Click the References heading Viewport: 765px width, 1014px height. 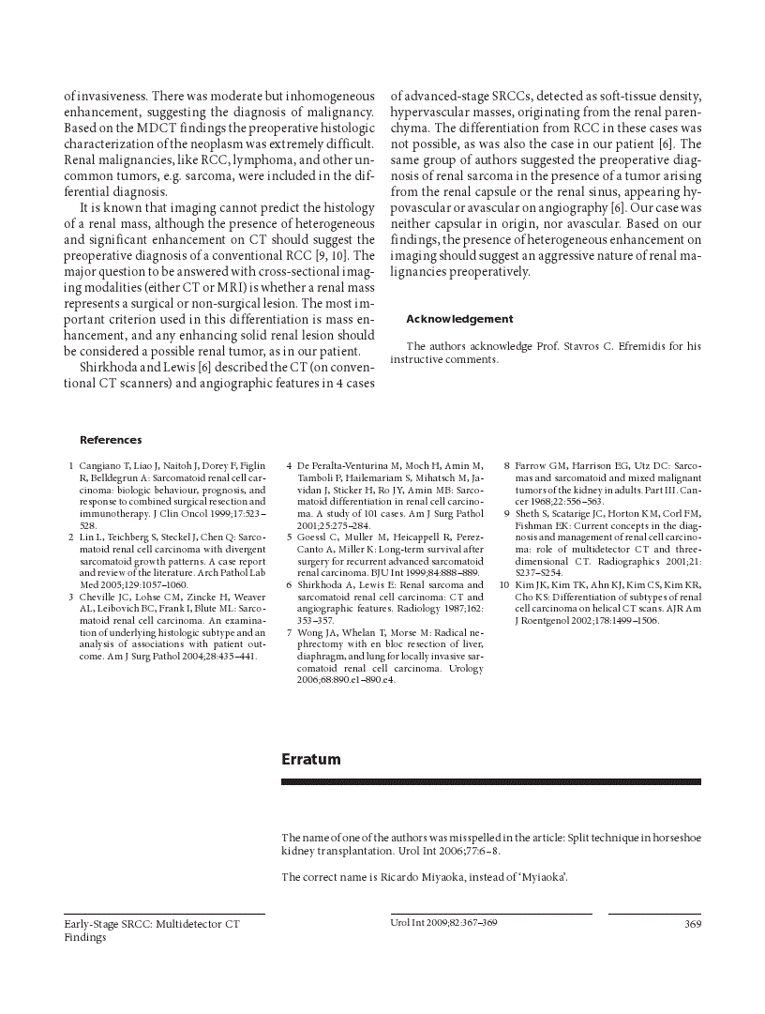111,440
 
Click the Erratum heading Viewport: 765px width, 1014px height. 310,759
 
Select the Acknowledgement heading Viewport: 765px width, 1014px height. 459,319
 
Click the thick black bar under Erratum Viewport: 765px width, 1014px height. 490,780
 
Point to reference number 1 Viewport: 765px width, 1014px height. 71,466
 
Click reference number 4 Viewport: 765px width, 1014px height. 289,466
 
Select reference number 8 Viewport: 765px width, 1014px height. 506,466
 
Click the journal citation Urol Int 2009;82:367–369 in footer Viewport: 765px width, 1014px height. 443,923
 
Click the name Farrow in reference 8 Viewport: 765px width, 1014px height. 532,466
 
